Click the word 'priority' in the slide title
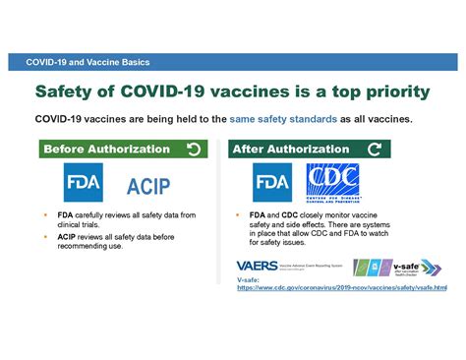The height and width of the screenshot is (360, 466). point(388,91)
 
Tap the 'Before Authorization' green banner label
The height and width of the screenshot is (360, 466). point(106,150)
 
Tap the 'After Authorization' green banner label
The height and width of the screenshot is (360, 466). point(290,150)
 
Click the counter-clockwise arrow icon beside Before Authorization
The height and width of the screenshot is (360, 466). point(194,150)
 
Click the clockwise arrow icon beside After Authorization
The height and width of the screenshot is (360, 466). point(375,150)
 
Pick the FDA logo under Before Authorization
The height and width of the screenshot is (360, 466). point(84,183)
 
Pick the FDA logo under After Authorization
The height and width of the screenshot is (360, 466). point(271,183)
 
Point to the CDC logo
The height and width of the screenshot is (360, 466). point(332,182)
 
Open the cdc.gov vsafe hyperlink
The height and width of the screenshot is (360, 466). point(341,288)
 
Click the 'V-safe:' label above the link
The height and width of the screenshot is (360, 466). point(249,279)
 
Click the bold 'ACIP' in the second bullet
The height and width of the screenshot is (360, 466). point(68,236)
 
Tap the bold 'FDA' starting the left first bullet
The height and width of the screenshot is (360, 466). point(65,214)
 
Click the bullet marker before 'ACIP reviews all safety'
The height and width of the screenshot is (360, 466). point(46,236)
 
